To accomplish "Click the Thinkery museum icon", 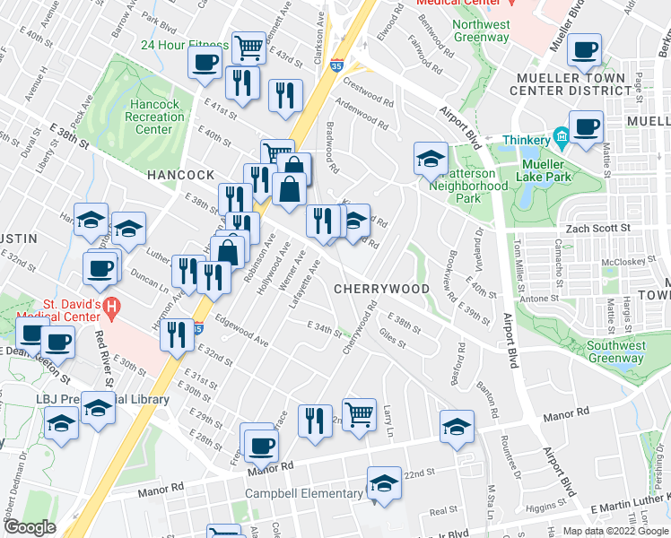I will click(x=562, y=137).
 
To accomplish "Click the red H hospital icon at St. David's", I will click(x=111, y=310).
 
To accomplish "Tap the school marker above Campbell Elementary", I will click(x=384, y=483).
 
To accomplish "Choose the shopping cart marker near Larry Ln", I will click(x=359, y=413).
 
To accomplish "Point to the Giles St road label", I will click(x=393, y=338).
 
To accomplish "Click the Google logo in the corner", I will click(x=30, y=527).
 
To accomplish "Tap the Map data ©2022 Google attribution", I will click(x=614, y=531).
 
